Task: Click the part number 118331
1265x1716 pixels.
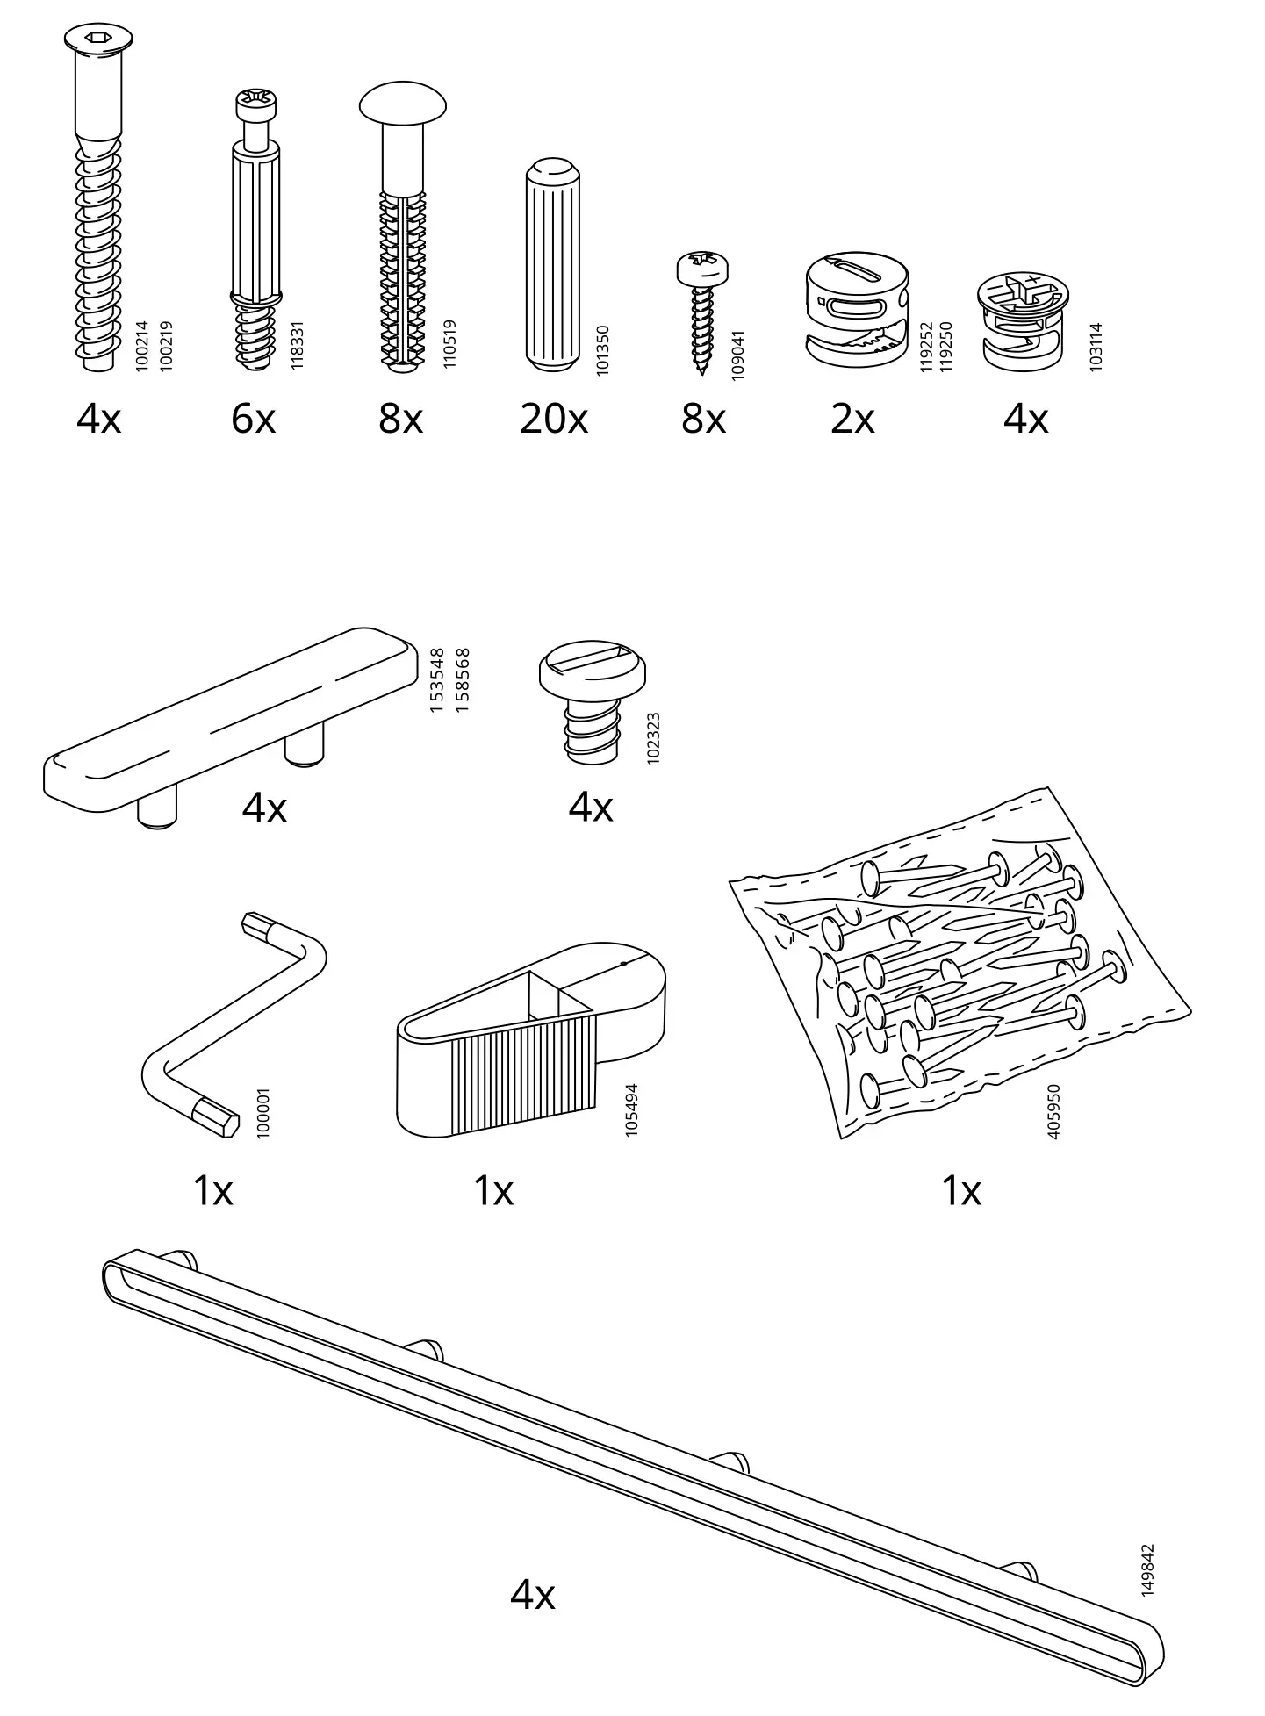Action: (x=297, y=345)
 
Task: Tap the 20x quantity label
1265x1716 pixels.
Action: (x=553, y=420)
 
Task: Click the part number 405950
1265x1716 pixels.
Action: (x=1053, y=1112)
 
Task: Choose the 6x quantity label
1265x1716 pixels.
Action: (x=253, y=420)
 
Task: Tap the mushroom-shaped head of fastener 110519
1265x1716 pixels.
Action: (x=403, y=104)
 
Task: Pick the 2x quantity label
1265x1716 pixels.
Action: (x=852, y=420)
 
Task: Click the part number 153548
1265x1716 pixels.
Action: (x=437, y=680)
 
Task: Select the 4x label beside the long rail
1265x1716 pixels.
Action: (x=532, y=1594)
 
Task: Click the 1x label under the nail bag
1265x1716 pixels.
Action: (x=960, y=1191)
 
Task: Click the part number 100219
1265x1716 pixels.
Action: (x=166, y=346)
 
